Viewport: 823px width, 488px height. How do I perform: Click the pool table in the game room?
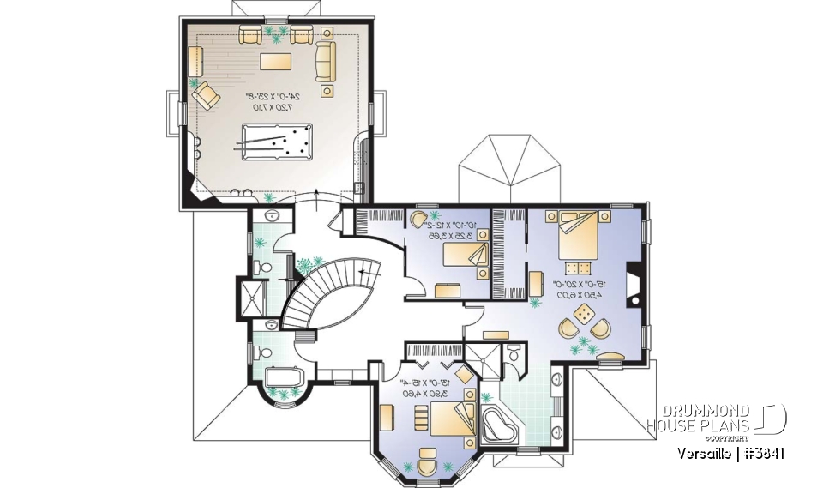(277, 141)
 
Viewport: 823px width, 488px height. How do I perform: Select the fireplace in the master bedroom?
(632, 286)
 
